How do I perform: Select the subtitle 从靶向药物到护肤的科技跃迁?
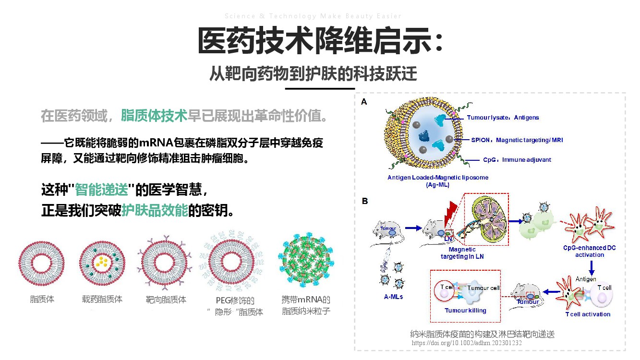(x=313, y=74)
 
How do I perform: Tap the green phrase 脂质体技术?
(x=154, y=116)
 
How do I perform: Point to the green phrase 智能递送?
(x=102, y=190)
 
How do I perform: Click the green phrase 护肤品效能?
(x=154, y=210)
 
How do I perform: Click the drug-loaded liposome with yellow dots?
(x=102, y=263)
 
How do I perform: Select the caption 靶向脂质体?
(x=166, y=300)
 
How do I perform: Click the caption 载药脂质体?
(x=102, y=299)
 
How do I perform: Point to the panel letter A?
(x=364, y=102)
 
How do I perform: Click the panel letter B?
(x=364, y=201)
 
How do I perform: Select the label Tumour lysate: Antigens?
(x=503, y=118)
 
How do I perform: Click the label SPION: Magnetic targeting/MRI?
(x=517, y=140)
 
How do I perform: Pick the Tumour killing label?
(x=465, y=311)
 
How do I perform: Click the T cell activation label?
(x=588, y=314)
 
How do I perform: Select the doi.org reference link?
(x=466, y=343)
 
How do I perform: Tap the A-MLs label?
(x=393, y=297)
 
